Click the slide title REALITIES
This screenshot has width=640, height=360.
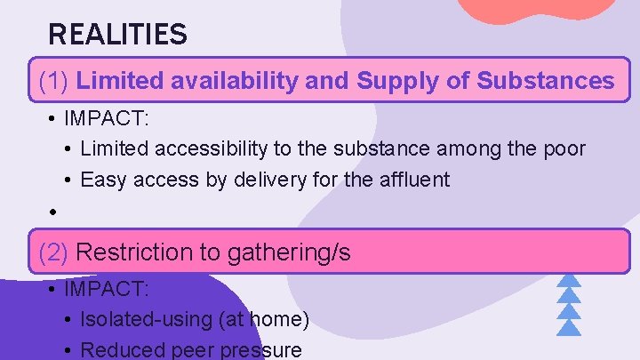117,35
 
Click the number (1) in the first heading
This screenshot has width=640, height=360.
55,82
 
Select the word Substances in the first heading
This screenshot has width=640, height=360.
545,82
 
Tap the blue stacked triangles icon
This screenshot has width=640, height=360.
568,302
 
